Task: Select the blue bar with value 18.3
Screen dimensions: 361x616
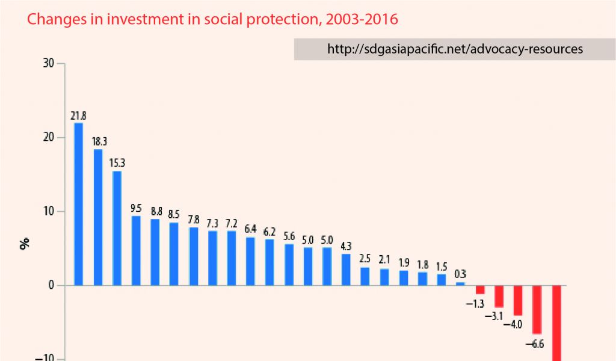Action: tap(97, 217)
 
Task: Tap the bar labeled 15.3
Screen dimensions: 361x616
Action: tap(117, 228)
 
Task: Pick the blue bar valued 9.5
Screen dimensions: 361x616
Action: tap(136, 250)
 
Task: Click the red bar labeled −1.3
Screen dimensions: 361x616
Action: tap(480, 289)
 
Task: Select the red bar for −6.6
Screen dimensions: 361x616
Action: tap(537, 309)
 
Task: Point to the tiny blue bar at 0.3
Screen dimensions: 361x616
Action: tap(460, 283)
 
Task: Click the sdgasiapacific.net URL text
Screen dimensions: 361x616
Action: tap(455, 49)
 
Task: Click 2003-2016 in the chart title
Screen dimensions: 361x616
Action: tap(361, 19)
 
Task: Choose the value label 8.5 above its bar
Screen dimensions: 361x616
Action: tap(174, 214)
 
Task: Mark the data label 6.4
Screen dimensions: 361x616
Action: tap(250, 229)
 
